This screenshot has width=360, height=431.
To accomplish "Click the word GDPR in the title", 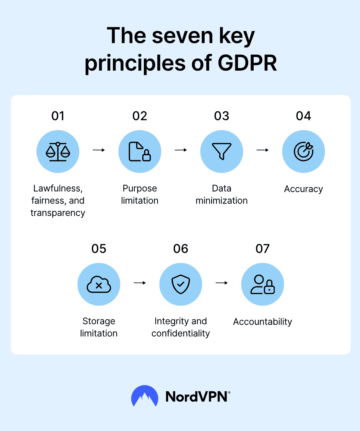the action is click(247, 63).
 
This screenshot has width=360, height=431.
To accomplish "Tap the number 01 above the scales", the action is click(58, 116).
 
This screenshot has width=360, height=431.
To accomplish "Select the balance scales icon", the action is click(58, 151).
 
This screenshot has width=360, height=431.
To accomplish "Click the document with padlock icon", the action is click(140, 151).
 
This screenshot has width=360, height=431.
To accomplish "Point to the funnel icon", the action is click(222, 151).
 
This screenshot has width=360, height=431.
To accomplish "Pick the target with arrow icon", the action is click(303, 151).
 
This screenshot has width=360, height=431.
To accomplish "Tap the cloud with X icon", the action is click(99, 285).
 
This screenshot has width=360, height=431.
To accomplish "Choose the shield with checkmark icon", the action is click(181, 284).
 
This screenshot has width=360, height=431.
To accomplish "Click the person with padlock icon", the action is click(263, 285).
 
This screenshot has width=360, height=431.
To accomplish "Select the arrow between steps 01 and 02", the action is click(99, 150).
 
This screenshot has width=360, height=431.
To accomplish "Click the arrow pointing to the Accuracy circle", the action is click(263, 150).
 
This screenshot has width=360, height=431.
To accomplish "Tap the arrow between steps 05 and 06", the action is click(140, 283).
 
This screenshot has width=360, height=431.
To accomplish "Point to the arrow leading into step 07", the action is click(222, 283).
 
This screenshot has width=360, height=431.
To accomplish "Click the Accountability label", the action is click(263, 322).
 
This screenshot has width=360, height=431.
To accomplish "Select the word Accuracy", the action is click(303, 189).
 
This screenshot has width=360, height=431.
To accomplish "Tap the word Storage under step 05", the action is click(99, 321).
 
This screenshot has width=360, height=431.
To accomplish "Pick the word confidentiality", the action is click(181, 333).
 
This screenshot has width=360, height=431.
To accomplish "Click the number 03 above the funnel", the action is click(222, 116).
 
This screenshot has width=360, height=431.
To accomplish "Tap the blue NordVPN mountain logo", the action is click(145, 396).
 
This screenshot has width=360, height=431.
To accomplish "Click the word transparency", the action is click(58, 213).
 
